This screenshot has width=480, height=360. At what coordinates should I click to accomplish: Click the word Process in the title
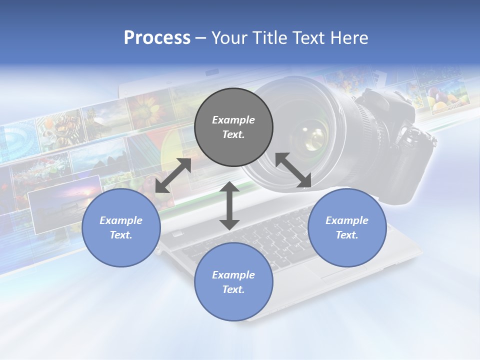(157, 38)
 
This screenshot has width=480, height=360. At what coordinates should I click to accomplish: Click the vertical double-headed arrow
(229, 205)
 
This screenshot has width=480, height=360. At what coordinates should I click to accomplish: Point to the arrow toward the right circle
(293, 170)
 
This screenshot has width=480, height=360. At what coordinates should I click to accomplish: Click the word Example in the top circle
(233, 120)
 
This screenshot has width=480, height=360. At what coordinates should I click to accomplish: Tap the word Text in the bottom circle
(233, 289)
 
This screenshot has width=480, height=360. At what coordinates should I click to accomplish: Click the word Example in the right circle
(347, 220)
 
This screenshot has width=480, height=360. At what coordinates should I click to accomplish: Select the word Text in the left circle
(121, 235)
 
